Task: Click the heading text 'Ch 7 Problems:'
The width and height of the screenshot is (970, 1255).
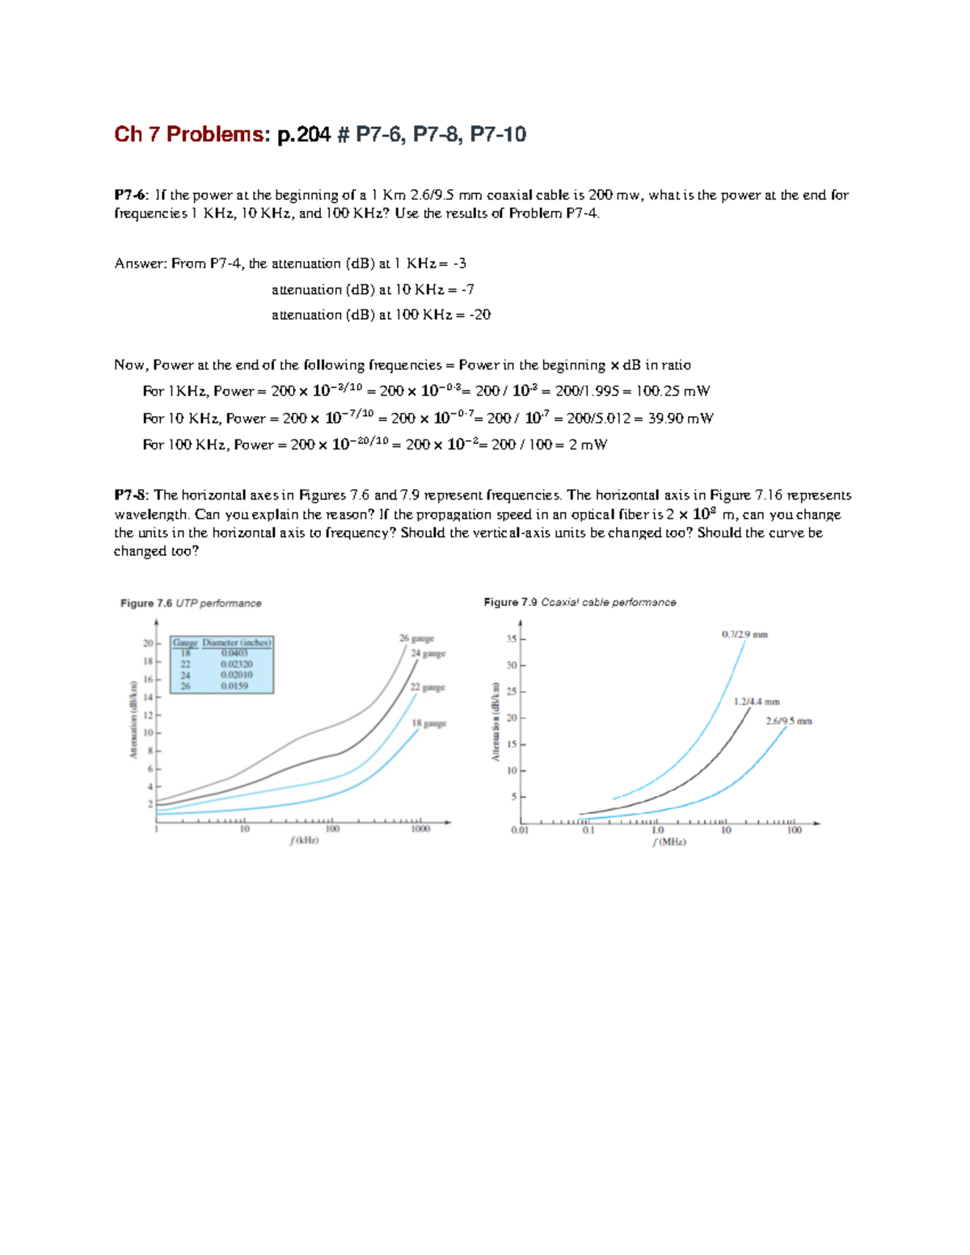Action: click(x=189, y=134)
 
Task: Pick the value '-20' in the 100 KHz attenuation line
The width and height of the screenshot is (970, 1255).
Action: click(x=481, y=315)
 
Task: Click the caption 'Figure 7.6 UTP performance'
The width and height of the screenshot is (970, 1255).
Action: click(x=191, y=604)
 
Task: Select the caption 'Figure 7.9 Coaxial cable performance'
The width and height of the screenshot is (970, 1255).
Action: click(x=580, y=603)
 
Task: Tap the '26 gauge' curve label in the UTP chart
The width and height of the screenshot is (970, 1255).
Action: click(x=416, y=638)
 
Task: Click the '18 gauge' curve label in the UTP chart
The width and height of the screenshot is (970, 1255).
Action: click(x=428, y=723)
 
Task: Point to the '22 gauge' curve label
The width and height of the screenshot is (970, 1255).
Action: click(x=428, y=688)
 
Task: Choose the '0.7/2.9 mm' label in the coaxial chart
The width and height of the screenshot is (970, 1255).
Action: click(x=744, y=634)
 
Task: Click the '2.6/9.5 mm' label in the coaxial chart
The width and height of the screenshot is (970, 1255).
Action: click(x=788, y=721)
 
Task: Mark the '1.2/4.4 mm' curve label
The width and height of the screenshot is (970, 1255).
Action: click(x=757, y=702)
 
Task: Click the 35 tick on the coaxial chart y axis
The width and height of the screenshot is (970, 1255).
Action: click(x=511, y=639)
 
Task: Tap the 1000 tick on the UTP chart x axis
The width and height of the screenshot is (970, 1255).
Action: click(x=420, y=829)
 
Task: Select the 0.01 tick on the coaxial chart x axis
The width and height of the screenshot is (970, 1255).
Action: click(x=520, y=830)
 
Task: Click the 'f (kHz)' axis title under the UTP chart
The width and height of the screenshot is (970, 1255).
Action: click(x=304, y=840)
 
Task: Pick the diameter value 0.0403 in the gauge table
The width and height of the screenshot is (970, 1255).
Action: click(x=234, y=653)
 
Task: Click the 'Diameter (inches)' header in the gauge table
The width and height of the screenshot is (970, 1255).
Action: click(x=237, y=643)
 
